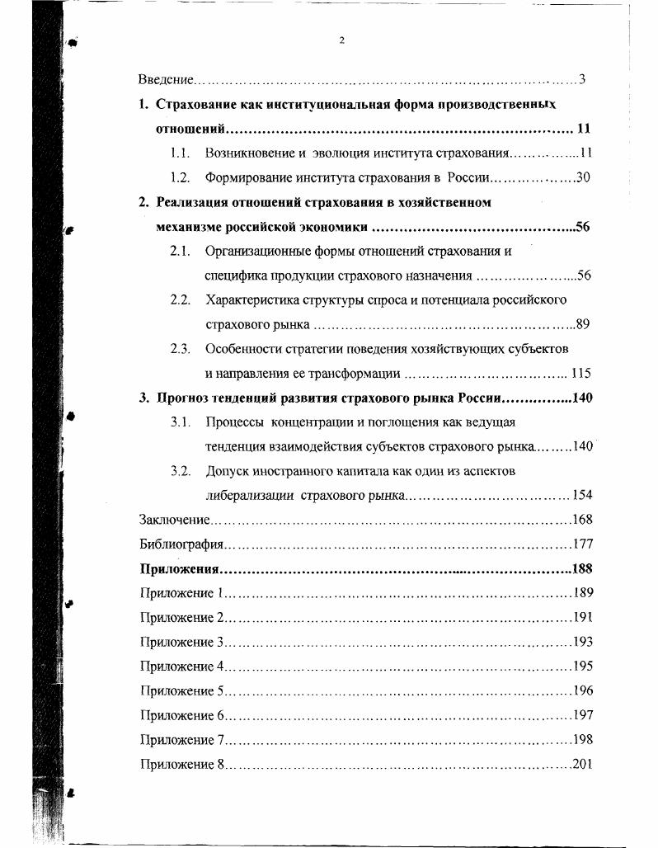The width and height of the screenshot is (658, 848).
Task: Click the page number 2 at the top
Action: pyautogui.click(x=341, y=41)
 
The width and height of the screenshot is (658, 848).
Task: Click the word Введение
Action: pyautogui.click(x=165, y=81)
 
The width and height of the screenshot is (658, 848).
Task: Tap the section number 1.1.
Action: pyautogui.click(x=181, y=153)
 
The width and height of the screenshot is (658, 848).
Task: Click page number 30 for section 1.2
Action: pyautogui.click(x=583, y=177)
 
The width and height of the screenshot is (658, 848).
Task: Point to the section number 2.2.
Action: pyautogui.click(x=181, y=299)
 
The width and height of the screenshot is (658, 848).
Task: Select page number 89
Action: pyautogui.click(x=584, y=323)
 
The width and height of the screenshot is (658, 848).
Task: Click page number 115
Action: pyautogui.click(x=580, y=373)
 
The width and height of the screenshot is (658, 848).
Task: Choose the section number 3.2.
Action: pyautogui.click(x=181, y=471)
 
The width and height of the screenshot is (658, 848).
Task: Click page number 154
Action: pyautogui.click(x=582, y=496)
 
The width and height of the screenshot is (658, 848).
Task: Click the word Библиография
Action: pyautogui.click(x=177, y=544)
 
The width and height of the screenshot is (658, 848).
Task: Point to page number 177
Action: pyautogui.click(x=582, y=544)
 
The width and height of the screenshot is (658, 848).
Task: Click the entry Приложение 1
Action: pyautogui.click(x=182, y=593)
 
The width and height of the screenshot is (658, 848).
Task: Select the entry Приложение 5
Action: pyautogui.click(x=182, y=690)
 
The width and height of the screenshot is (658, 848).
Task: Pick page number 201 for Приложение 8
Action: pyautogui.click(x=582, y=764)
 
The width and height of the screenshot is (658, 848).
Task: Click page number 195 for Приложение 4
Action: pyautogui.click(x=582, y=666)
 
